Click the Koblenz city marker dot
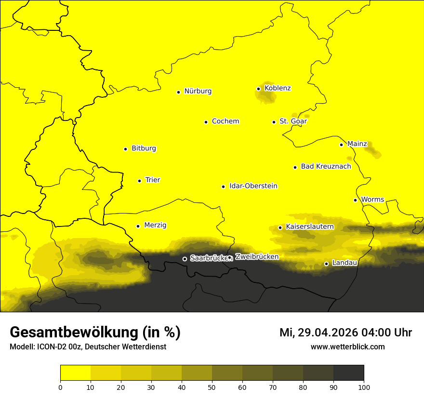pyautogui.click(x=259, y=89)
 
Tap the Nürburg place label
pyautogui.click(x=198, y=91)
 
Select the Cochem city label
pyautogui.click(x=225, y=121)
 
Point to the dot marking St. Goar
pyautogui.click(x=274, y=122)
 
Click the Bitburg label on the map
pyautogui.click(x=144, y=148)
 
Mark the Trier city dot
pyautogui.click(x=140, y=181)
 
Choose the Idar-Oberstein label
pyautogui.click(x=253, y=186)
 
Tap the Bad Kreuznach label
pyautogui.click(x=326, y=166)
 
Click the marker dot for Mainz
pyautogui.click(x=341, y=145)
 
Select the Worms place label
pyautogui.click(x=372, y=200)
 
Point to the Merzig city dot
pyautogui.click(x=138, y=226)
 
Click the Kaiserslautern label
pyautogui.click(x=309, y=227)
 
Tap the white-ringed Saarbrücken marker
pyautogui.click(x=185, y=259)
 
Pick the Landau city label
pyautogui.click(x=344, y=263)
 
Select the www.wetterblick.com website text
pyautogui.click(x=347, y=347)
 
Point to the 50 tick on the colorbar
pyautogui.click(x=212, y=387)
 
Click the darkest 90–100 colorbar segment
pyautogui.click(x=348, y=373)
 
